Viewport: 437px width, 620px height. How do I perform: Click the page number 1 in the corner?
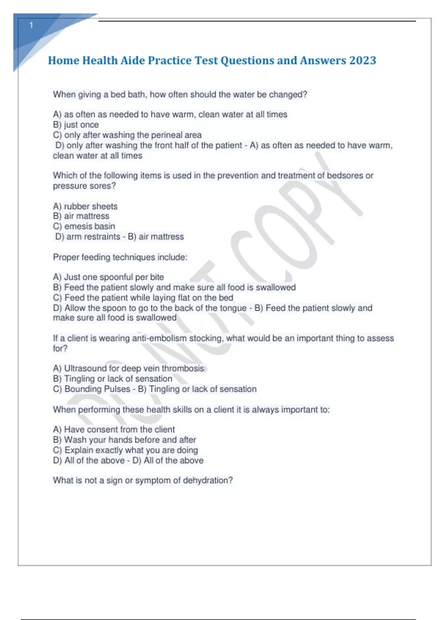(x=31, y=25)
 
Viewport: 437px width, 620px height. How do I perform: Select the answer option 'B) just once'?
(x=76, y=125)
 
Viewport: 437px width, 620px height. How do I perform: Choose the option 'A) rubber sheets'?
(x=85, y=206)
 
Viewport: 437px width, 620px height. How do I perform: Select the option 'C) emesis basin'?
(x=84, y=226)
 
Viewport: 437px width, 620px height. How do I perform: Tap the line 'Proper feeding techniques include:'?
(x=120, y=257)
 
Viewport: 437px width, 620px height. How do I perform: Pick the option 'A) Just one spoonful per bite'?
(x=109, y=277)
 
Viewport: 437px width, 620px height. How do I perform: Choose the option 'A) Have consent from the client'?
(x=114, y=430)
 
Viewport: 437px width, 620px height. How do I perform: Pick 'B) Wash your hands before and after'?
(x=124, y=440)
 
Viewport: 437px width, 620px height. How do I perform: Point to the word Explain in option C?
(x=78, y=450)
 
